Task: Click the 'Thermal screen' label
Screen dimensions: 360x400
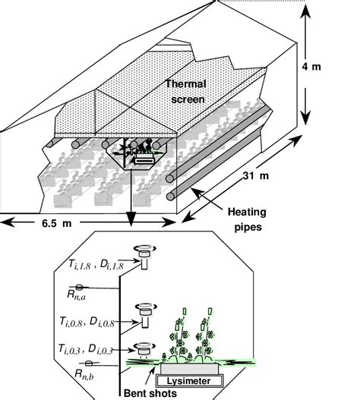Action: (186, 91)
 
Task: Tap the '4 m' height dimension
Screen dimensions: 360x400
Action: (311, 67)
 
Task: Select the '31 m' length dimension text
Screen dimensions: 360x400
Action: (256, 175)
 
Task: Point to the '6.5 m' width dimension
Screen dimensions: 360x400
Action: (57, 223)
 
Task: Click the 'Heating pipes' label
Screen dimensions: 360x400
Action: (247, 219)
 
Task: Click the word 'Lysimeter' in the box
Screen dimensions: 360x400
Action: (189, 381)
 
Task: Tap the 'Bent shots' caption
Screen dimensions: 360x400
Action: (150, 393)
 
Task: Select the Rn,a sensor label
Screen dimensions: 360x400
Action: (76, 295)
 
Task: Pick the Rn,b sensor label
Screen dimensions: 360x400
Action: (84, 374)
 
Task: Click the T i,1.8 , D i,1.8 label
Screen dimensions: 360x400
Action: (96, 264)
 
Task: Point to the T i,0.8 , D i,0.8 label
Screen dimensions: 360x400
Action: (87, 322)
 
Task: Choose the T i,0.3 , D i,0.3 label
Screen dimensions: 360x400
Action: (86, 349)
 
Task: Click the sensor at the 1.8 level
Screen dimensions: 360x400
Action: (144, 257)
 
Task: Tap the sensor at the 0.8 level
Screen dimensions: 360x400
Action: (146, 315)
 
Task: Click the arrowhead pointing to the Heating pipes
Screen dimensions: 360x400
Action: (197, 193)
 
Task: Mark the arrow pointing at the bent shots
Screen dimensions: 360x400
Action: (150, 376)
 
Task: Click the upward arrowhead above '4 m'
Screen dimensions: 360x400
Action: (305, 11)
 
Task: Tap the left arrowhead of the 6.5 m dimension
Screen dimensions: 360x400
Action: (7, 222)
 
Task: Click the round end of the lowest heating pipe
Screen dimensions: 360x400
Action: (170, 197)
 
